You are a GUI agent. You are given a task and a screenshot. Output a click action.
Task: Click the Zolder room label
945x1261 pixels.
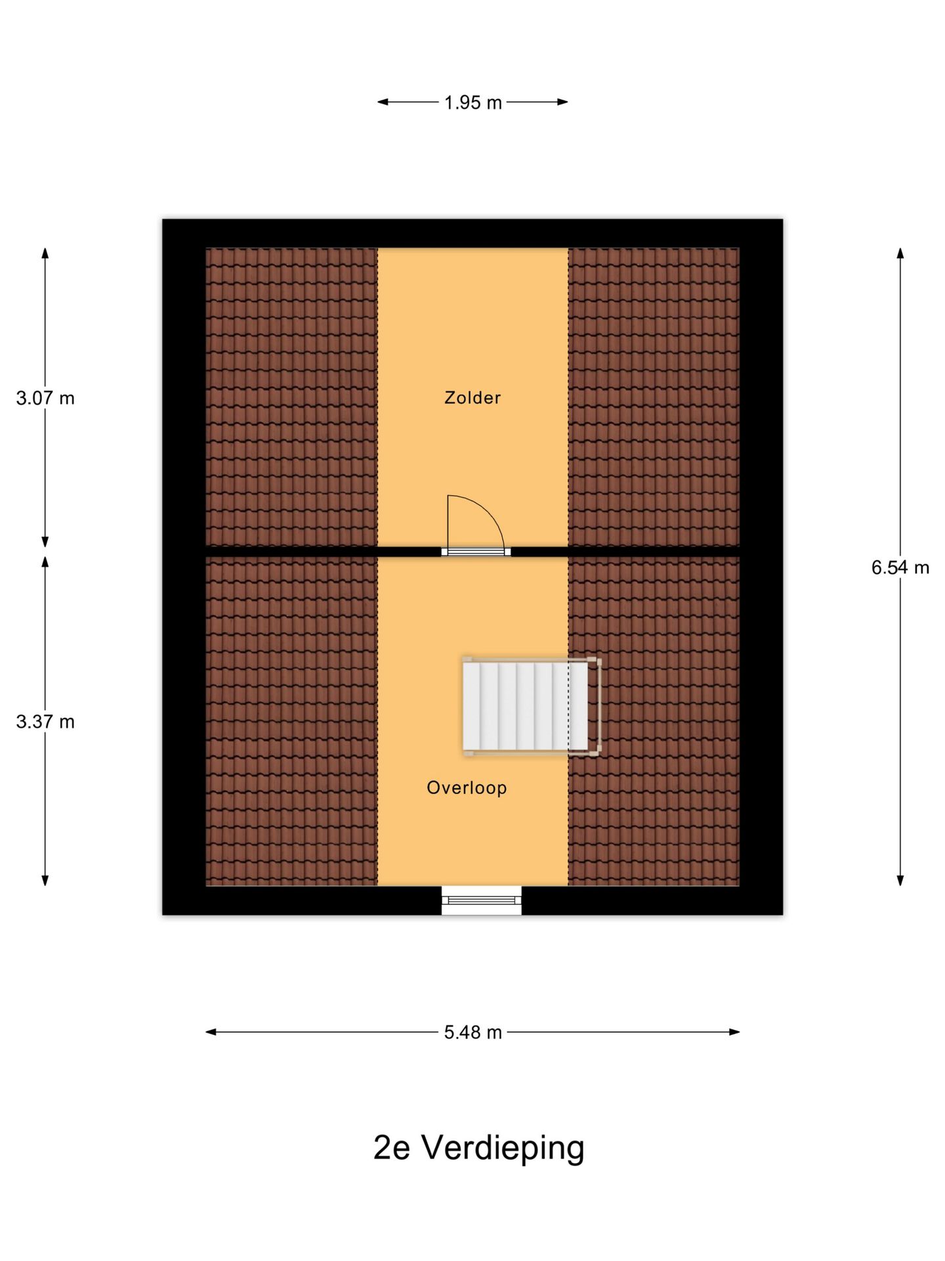coord(472,397)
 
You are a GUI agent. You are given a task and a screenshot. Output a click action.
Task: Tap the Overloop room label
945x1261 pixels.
coord(467,787)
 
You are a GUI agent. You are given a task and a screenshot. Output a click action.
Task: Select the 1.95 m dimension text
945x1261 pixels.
coord(472,102)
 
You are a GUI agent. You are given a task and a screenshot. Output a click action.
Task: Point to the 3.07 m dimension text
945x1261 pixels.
coord(45,398)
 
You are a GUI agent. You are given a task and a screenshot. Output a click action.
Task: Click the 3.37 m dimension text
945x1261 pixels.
coord(45,722)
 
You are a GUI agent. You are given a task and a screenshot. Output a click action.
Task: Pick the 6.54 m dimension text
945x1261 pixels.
coord(900,567)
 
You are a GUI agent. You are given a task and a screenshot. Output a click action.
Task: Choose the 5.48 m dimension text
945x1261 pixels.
coord(472,1032)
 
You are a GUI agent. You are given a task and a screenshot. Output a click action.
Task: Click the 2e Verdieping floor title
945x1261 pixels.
coord(478,1147)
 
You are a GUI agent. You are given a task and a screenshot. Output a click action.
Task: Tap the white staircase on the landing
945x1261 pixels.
coord(525,706)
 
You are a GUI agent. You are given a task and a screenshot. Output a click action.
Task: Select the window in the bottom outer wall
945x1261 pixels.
coord(481,900)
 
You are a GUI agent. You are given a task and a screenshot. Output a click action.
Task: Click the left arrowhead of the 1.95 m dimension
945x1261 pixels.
coord(383,102)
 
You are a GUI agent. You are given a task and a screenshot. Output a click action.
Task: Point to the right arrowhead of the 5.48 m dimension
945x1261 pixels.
coord(734,1032)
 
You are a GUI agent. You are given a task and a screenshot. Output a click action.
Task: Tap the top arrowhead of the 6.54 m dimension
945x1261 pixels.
coord(900,254)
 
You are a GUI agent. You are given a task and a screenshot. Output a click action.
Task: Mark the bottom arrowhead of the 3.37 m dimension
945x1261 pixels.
coord(45,880)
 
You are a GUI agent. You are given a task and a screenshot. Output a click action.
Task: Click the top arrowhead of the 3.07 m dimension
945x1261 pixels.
coord(45,254)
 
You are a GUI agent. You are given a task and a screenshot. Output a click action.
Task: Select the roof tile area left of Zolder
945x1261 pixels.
coord(291,397)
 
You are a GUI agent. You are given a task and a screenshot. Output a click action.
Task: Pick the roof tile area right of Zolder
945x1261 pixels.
coord(654,397)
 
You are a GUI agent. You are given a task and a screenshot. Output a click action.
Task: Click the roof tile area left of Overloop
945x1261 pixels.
coord(291,721)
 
